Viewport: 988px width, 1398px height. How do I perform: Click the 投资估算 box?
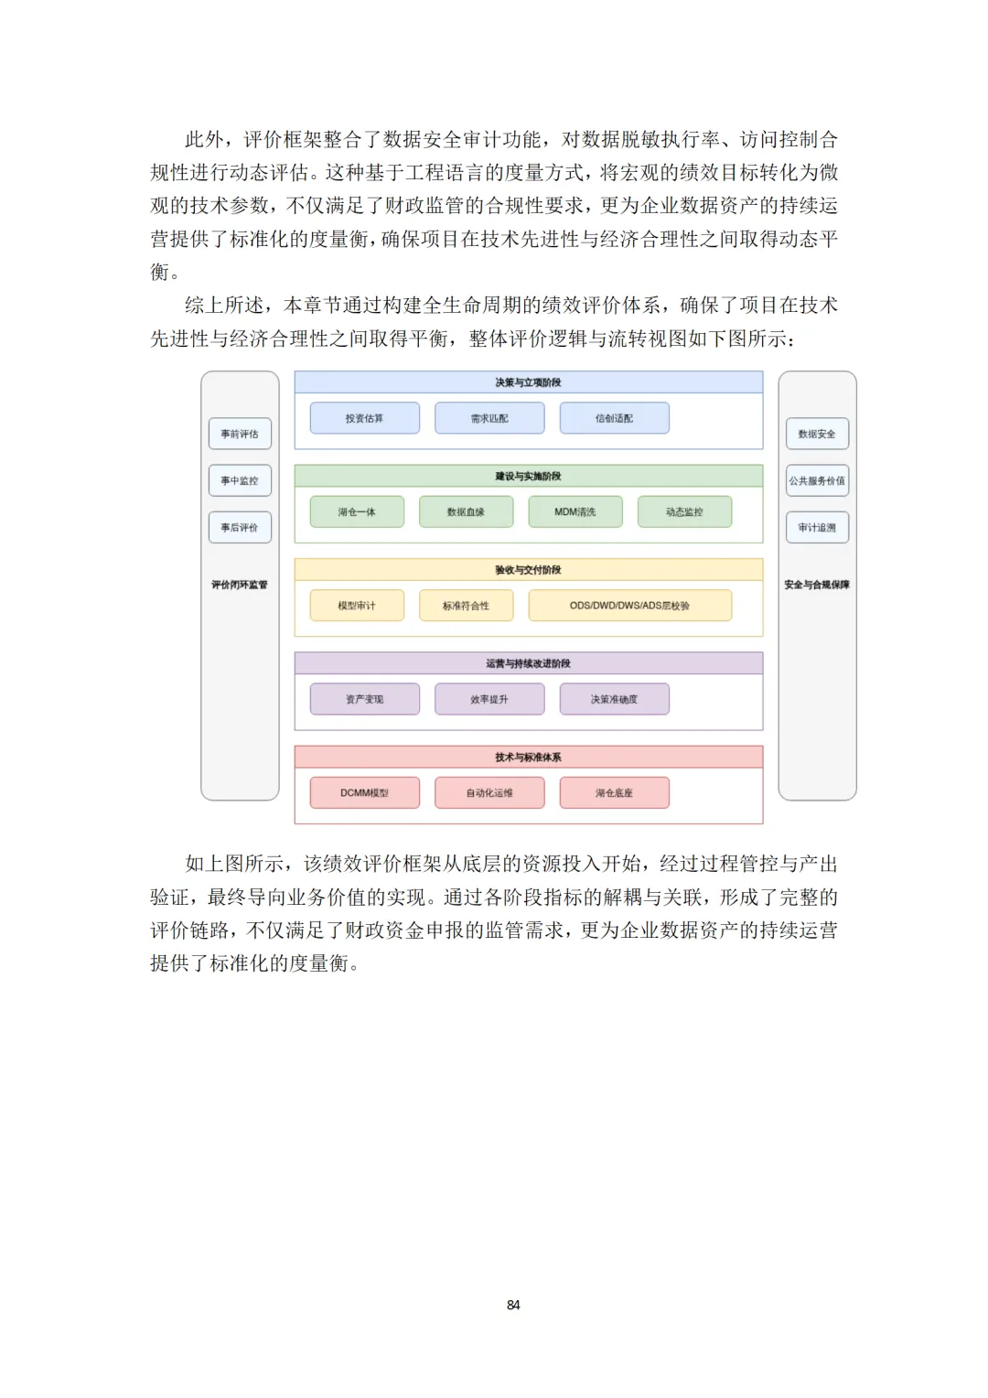[364, 418]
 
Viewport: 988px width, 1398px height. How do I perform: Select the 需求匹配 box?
[489, 418]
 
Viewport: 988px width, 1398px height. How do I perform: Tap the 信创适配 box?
[614, 418]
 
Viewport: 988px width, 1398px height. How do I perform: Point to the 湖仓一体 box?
[357, 511]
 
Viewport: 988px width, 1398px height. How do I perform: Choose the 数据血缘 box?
[466, 511]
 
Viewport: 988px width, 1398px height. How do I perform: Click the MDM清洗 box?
[575, 511]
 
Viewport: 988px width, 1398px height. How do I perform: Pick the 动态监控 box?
[684, 511]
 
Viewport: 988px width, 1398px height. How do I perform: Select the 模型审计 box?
[357, 606]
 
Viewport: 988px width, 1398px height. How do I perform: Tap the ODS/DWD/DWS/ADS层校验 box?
[629, 606]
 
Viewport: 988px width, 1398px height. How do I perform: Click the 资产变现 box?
[364, 699]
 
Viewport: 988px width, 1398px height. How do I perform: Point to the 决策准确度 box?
[614, 699]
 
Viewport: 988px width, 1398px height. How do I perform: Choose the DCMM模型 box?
[364, 792]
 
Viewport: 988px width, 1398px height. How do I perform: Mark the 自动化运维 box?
[489, 792]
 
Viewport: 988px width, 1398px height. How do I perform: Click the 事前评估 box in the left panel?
[240, 434]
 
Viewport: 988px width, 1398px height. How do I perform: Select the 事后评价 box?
[240, 527]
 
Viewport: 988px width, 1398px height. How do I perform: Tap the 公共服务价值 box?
[817, 480]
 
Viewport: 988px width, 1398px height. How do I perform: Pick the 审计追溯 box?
[817, 527]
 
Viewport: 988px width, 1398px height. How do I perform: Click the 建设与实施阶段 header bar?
[528, 476]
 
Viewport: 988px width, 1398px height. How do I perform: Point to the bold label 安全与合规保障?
[817, 585]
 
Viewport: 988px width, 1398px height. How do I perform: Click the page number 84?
[513, 1305]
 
